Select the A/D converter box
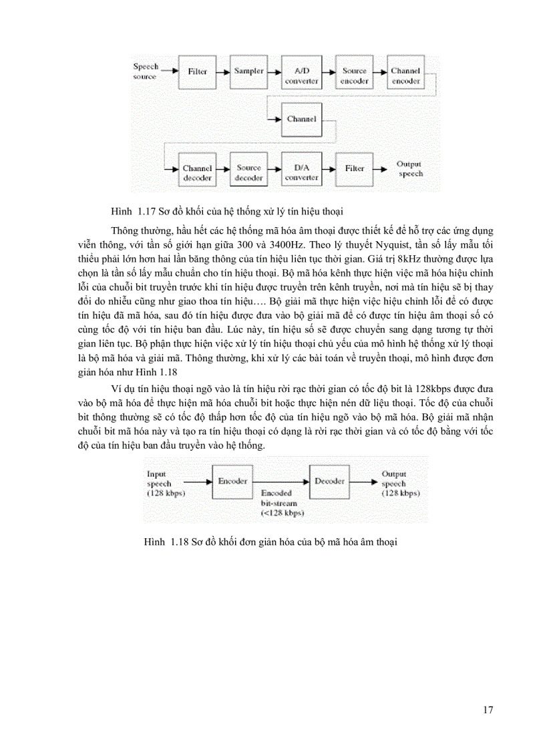(301, 75)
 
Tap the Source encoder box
(354, 75)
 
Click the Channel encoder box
(406, 75)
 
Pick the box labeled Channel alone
(301, 119)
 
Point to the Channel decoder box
(197, 172)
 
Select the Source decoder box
(249, 172)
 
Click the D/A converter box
(301, 172)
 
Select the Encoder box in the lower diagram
(233, 481)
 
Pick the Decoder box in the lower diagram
(329, 481)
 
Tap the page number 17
(487, 709)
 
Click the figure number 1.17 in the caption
(146, 212)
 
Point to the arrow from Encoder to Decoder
(281, 481)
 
